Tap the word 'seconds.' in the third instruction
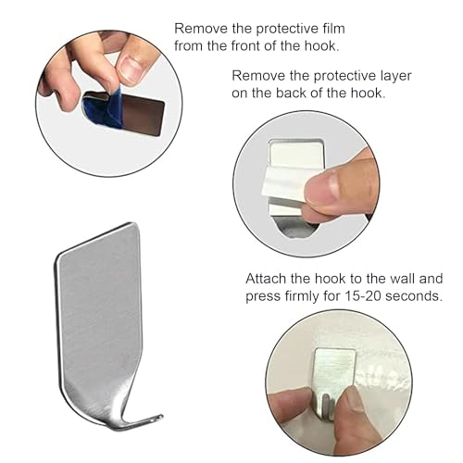click(414, 296)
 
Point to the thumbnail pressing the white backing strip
click(322, 188)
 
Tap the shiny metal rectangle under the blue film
click(141, 116)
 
